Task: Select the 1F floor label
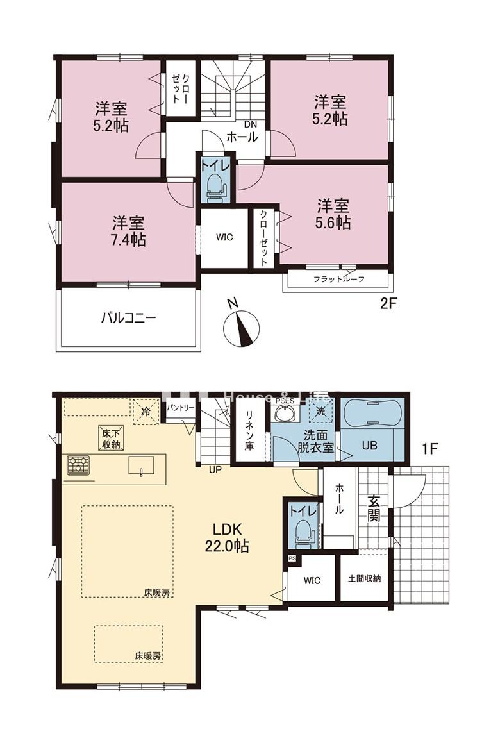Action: [x=429, y=449]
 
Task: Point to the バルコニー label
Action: [x=128, y=317]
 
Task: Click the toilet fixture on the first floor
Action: [x=303, y=531]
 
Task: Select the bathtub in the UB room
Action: [x=372, y=415]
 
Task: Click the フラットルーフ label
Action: [x=338, y=280]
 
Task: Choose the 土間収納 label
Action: [x=364, y=578]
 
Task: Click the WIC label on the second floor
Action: [x=224, y=237]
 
